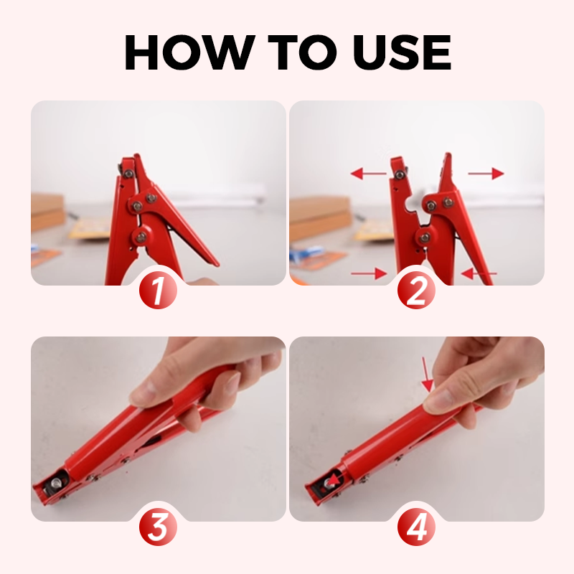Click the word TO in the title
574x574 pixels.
(x=301, y=52)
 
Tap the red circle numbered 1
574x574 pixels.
(x=158, y=291)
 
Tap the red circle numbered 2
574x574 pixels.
(x=416, y=291)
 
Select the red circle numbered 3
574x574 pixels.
(x=158, y=527)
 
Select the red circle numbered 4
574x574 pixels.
(x=416, y=527)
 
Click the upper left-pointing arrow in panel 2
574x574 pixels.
(x=368, y=173)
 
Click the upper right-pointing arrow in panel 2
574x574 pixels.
(x=486, y=173)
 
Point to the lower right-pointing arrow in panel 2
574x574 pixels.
(x=369, y=273)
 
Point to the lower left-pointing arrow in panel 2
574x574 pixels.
(x=479, y=273)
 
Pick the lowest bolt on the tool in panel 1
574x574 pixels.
(x=141, y=237)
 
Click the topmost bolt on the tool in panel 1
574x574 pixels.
(x=128, y=173)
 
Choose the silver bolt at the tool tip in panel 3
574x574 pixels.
(x=57, y=484)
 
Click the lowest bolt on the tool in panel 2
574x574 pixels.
(x=425, y=237)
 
